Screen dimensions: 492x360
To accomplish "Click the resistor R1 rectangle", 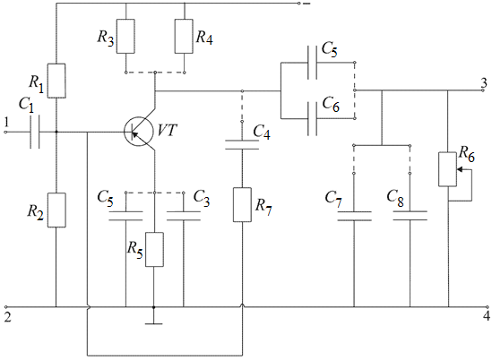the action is [x=56, y=81].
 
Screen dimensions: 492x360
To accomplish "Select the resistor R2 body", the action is [x=56, y=210].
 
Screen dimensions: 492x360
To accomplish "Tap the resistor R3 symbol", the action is [x=125, y=36].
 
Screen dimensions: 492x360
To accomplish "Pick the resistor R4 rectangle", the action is [x=184, y=36].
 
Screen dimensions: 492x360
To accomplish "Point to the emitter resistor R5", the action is [x=154, y=250].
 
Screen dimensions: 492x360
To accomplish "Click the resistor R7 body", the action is [x=242, y=205].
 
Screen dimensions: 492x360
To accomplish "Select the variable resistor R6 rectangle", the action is [x=447, y=169].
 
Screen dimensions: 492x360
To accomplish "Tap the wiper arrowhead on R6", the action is [x=460, y=169].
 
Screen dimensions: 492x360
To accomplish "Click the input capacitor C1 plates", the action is [x=35, y=132].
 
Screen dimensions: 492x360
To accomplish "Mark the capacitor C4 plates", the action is [x=242, y=145].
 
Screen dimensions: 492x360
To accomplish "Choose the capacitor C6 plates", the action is [x=313, y=119].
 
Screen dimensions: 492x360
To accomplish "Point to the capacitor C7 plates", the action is [x=354, y=217].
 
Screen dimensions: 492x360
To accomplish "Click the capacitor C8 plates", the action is [x=410, y=216].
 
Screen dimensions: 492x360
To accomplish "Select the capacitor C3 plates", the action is [x=184, y=216].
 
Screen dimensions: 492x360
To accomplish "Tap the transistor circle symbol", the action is [x=138, y=132].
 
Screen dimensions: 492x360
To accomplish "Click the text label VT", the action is [x=168, y=131].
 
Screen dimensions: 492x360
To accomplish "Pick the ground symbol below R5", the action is [x=154, y=323].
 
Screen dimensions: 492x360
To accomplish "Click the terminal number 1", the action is [x=6, y=123].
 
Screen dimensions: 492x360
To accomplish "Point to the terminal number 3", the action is [x=485, y=83].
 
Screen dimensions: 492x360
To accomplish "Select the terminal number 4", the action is [x=487, y=316].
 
